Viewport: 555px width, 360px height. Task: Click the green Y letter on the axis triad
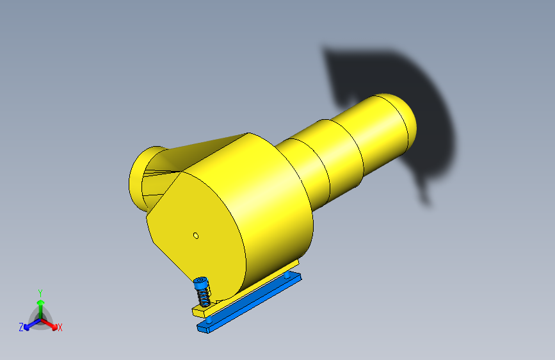pos(40,293)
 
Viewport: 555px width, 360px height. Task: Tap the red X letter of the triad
pos(60,327)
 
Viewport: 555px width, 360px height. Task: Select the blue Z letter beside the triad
pos(21,327)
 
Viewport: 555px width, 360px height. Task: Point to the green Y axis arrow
pos(41,309)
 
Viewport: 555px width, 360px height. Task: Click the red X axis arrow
pos(49,324)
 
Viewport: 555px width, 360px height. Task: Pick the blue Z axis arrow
pos(32,324)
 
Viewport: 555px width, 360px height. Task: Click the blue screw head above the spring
pos(201,282)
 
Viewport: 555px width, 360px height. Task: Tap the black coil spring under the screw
pos(204,296)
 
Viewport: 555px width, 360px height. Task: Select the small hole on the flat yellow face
pos(196,236)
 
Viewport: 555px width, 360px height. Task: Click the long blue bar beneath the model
pos(249,302)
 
